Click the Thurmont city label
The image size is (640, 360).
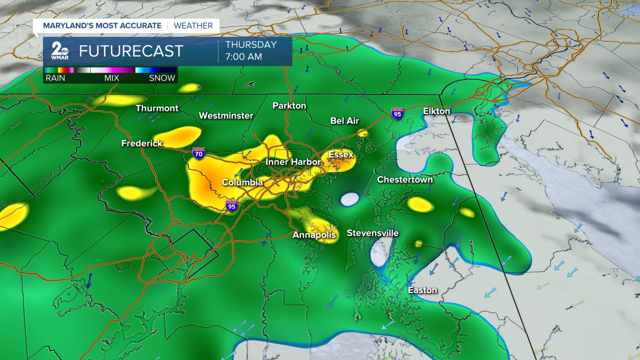[x=157, y=108]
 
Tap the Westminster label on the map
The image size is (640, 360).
[x=226, y=115]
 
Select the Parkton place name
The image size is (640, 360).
[x=289, y=105]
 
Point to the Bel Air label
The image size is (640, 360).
[x=344, y=120]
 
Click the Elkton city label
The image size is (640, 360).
[x=436, y=111]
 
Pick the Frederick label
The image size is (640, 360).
[x=142, y=143]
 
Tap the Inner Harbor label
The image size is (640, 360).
[x=292, y=162]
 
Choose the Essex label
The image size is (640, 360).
[x=341, y=154]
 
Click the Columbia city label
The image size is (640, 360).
[x=242, y=182]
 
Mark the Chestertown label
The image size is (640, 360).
[x=405, y=179]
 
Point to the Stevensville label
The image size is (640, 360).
[x=373, y=233]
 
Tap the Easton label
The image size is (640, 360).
[x=422, y=290]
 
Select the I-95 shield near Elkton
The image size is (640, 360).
[x=397, y=114]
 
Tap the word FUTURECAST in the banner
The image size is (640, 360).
[x=131, y=51]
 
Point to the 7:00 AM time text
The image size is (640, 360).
[x=243, y=56]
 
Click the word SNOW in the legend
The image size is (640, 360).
[x=162, y=78]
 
